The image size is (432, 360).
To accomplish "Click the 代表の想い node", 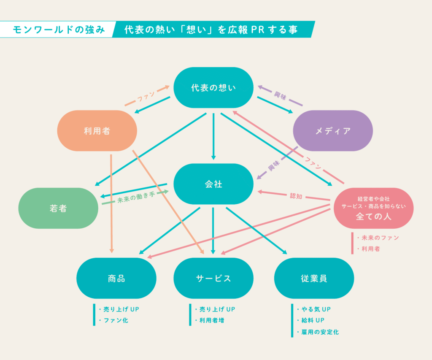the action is coord(213,88).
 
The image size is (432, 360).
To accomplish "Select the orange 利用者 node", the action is coord(97,131).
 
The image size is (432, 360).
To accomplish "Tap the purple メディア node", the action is coord(333,131).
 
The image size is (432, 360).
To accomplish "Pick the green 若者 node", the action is coord(58,208).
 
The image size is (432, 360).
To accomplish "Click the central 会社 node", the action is coord(213,184).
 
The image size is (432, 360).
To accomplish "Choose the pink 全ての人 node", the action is coord(374,208).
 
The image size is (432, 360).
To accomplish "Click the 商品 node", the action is coord(116,278).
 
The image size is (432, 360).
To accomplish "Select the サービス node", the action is coord(213,278).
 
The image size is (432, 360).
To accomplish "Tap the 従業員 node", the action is coord(314,278).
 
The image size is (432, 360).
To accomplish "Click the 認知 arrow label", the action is coord(296,196).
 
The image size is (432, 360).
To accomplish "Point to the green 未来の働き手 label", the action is coord(136,198).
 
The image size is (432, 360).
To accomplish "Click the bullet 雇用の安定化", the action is coord(320,332).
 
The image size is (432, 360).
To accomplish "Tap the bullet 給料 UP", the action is coord(313,320).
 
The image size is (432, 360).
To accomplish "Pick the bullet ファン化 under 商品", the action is coord(116,320).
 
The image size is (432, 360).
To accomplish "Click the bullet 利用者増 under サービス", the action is coord(212,320).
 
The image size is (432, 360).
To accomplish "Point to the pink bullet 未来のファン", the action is coord(380,238).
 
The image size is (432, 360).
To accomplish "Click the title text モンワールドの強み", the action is coord(59,30).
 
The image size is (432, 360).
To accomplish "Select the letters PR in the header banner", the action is coord(258,30).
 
